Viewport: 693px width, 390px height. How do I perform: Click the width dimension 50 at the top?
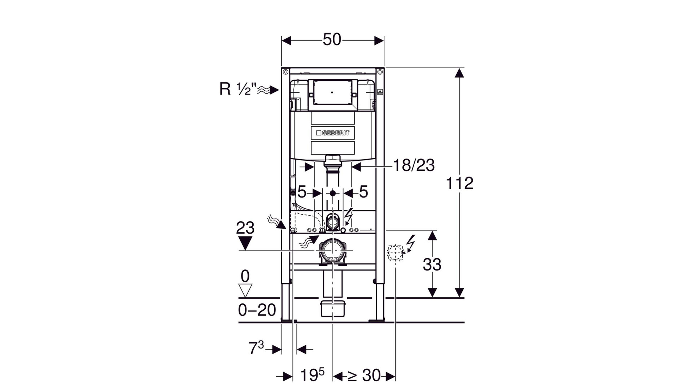click(332, 40)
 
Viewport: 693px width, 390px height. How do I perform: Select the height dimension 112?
click(459, 183)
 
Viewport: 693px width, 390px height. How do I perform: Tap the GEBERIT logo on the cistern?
click(332, 133)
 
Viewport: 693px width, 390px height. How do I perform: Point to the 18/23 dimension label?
click(414, 165)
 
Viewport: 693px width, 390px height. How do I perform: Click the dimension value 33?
click(432, 265)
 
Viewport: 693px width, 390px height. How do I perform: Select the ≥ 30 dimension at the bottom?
click(364, 376)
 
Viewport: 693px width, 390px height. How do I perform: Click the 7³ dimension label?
click(256, 348)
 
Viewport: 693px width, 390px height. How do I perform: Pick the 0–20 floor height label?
click(257, 310)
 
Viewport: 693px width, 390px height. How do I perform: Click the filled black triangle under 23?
click(245, 243)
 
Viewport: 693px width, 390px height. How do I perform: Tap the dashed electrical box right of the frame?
click(395, 252)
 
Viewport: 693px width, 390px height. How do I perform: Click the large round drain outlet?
click(332, 251)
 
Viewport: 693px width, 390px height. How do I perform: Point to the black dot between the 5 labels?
click(332, 193)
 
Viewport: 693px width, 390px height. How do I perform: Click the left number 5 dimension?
click(302, 192)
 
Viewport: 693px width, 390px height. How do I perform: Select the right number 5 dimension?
click(363, 192)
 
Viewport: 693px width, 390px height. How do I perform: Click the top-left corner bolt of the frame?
click(285, 71)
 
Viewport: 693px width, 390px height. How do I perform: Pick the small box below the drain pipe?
click(332, 308)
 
